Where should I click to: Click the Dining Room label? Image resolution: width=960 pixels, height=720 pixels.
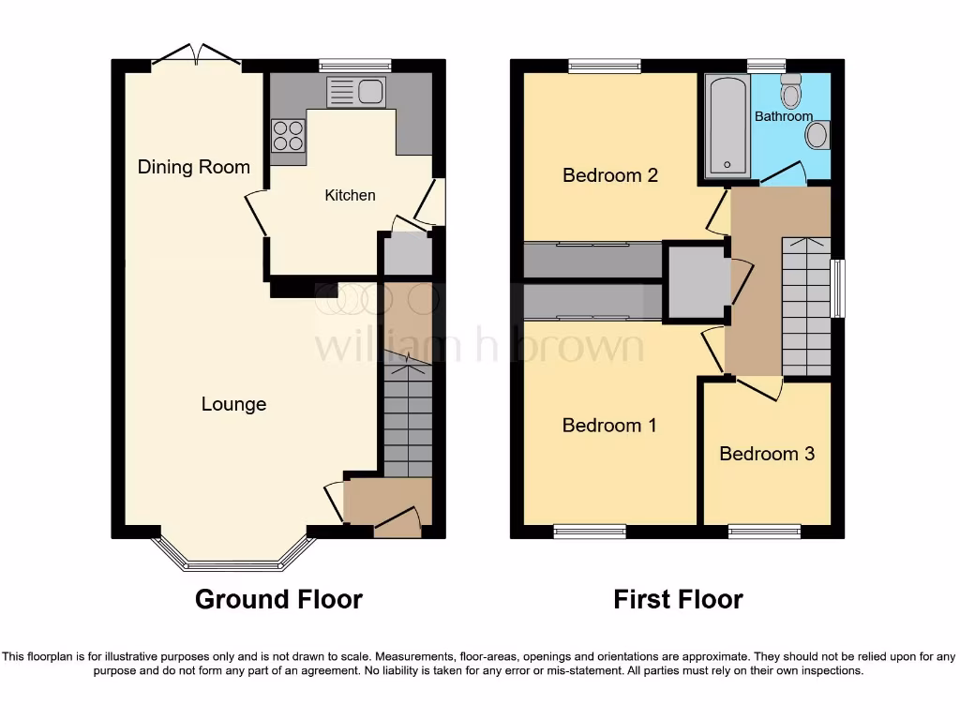click(x=194, y=167)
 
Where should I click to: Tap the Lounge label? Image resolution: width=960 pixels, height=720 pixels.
click(x=233, y=404)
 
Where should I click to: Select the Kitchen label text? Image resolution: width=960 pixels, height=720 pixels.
click(x=350, y=195)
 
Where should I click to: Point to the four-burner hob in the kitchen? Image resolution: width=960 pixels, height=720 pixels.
click(x=288, y=136)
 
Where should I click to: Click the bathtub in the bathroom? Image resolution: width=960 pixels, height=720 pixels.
click(x=727, y=127)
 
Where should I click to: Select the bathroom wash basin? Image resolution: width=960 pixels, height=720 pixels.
click(x=817, y=136)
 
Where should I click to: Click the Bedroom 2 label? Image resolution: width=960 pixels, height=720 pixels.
click(x=609, y=175)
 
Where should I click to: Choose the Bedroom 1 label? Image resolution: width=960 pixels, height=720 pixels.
click(x=609, y=426)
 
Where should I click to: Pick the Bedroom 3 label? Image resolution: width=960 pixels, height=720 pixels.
click(x=767, y=454)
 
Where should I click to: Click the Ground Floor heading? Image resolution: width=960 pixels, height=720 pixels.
click(x=278, y=599)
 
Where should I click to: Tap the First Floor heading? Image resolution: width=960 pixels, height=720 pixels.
click(x=678, y=599)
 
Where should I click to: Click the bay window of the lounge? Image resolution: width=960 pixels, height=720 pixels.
click(x=232, y=561)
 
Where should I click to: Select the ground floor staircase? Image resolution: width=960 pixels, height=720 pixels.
click(x=408, y=417)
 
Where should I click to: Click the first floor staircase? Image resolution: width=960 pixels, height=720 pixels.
click(x=805, y=305)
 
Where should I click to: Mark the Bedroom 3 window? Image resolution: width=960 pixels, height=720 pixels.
click(x=765, y=532)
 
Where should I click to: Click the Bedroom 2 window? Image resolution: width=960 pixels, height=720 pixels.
click(x=605, y=66)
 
